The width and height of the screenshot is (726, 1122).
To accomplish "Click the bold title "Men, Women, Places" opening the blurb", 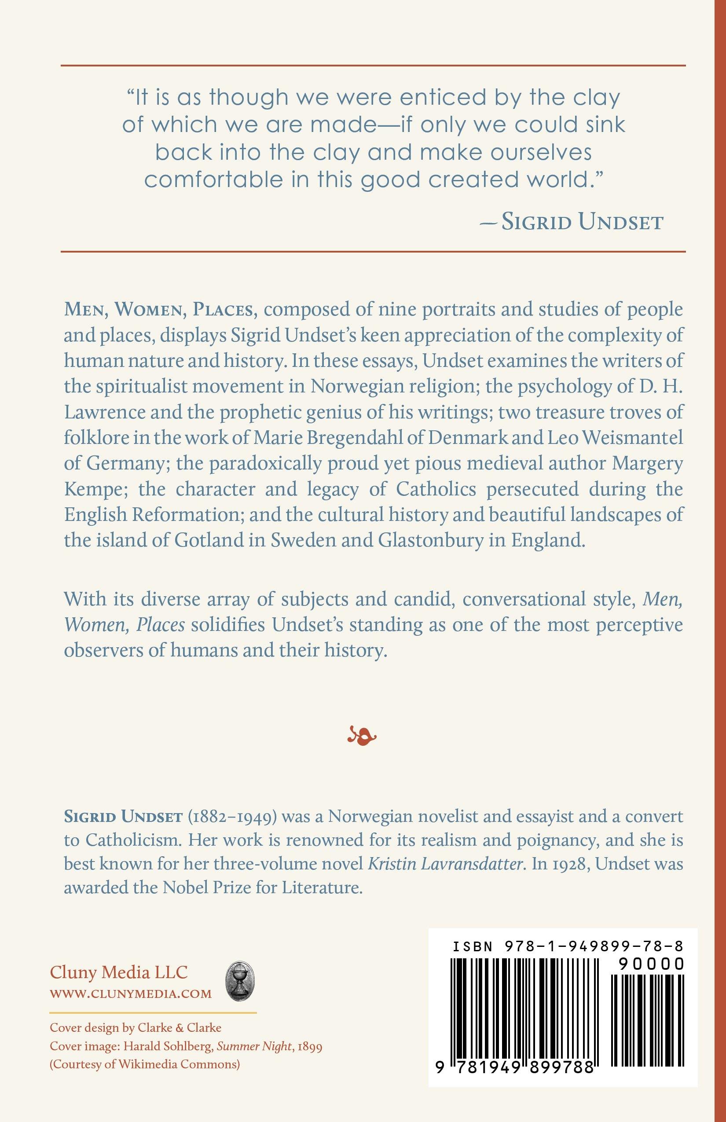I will (161, 310).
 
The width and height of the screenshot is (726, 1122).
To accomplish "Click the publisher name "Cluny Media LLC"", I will (119, 972).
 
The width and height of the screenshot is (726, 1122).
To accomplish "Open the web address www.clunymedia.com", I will (131, 994).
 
